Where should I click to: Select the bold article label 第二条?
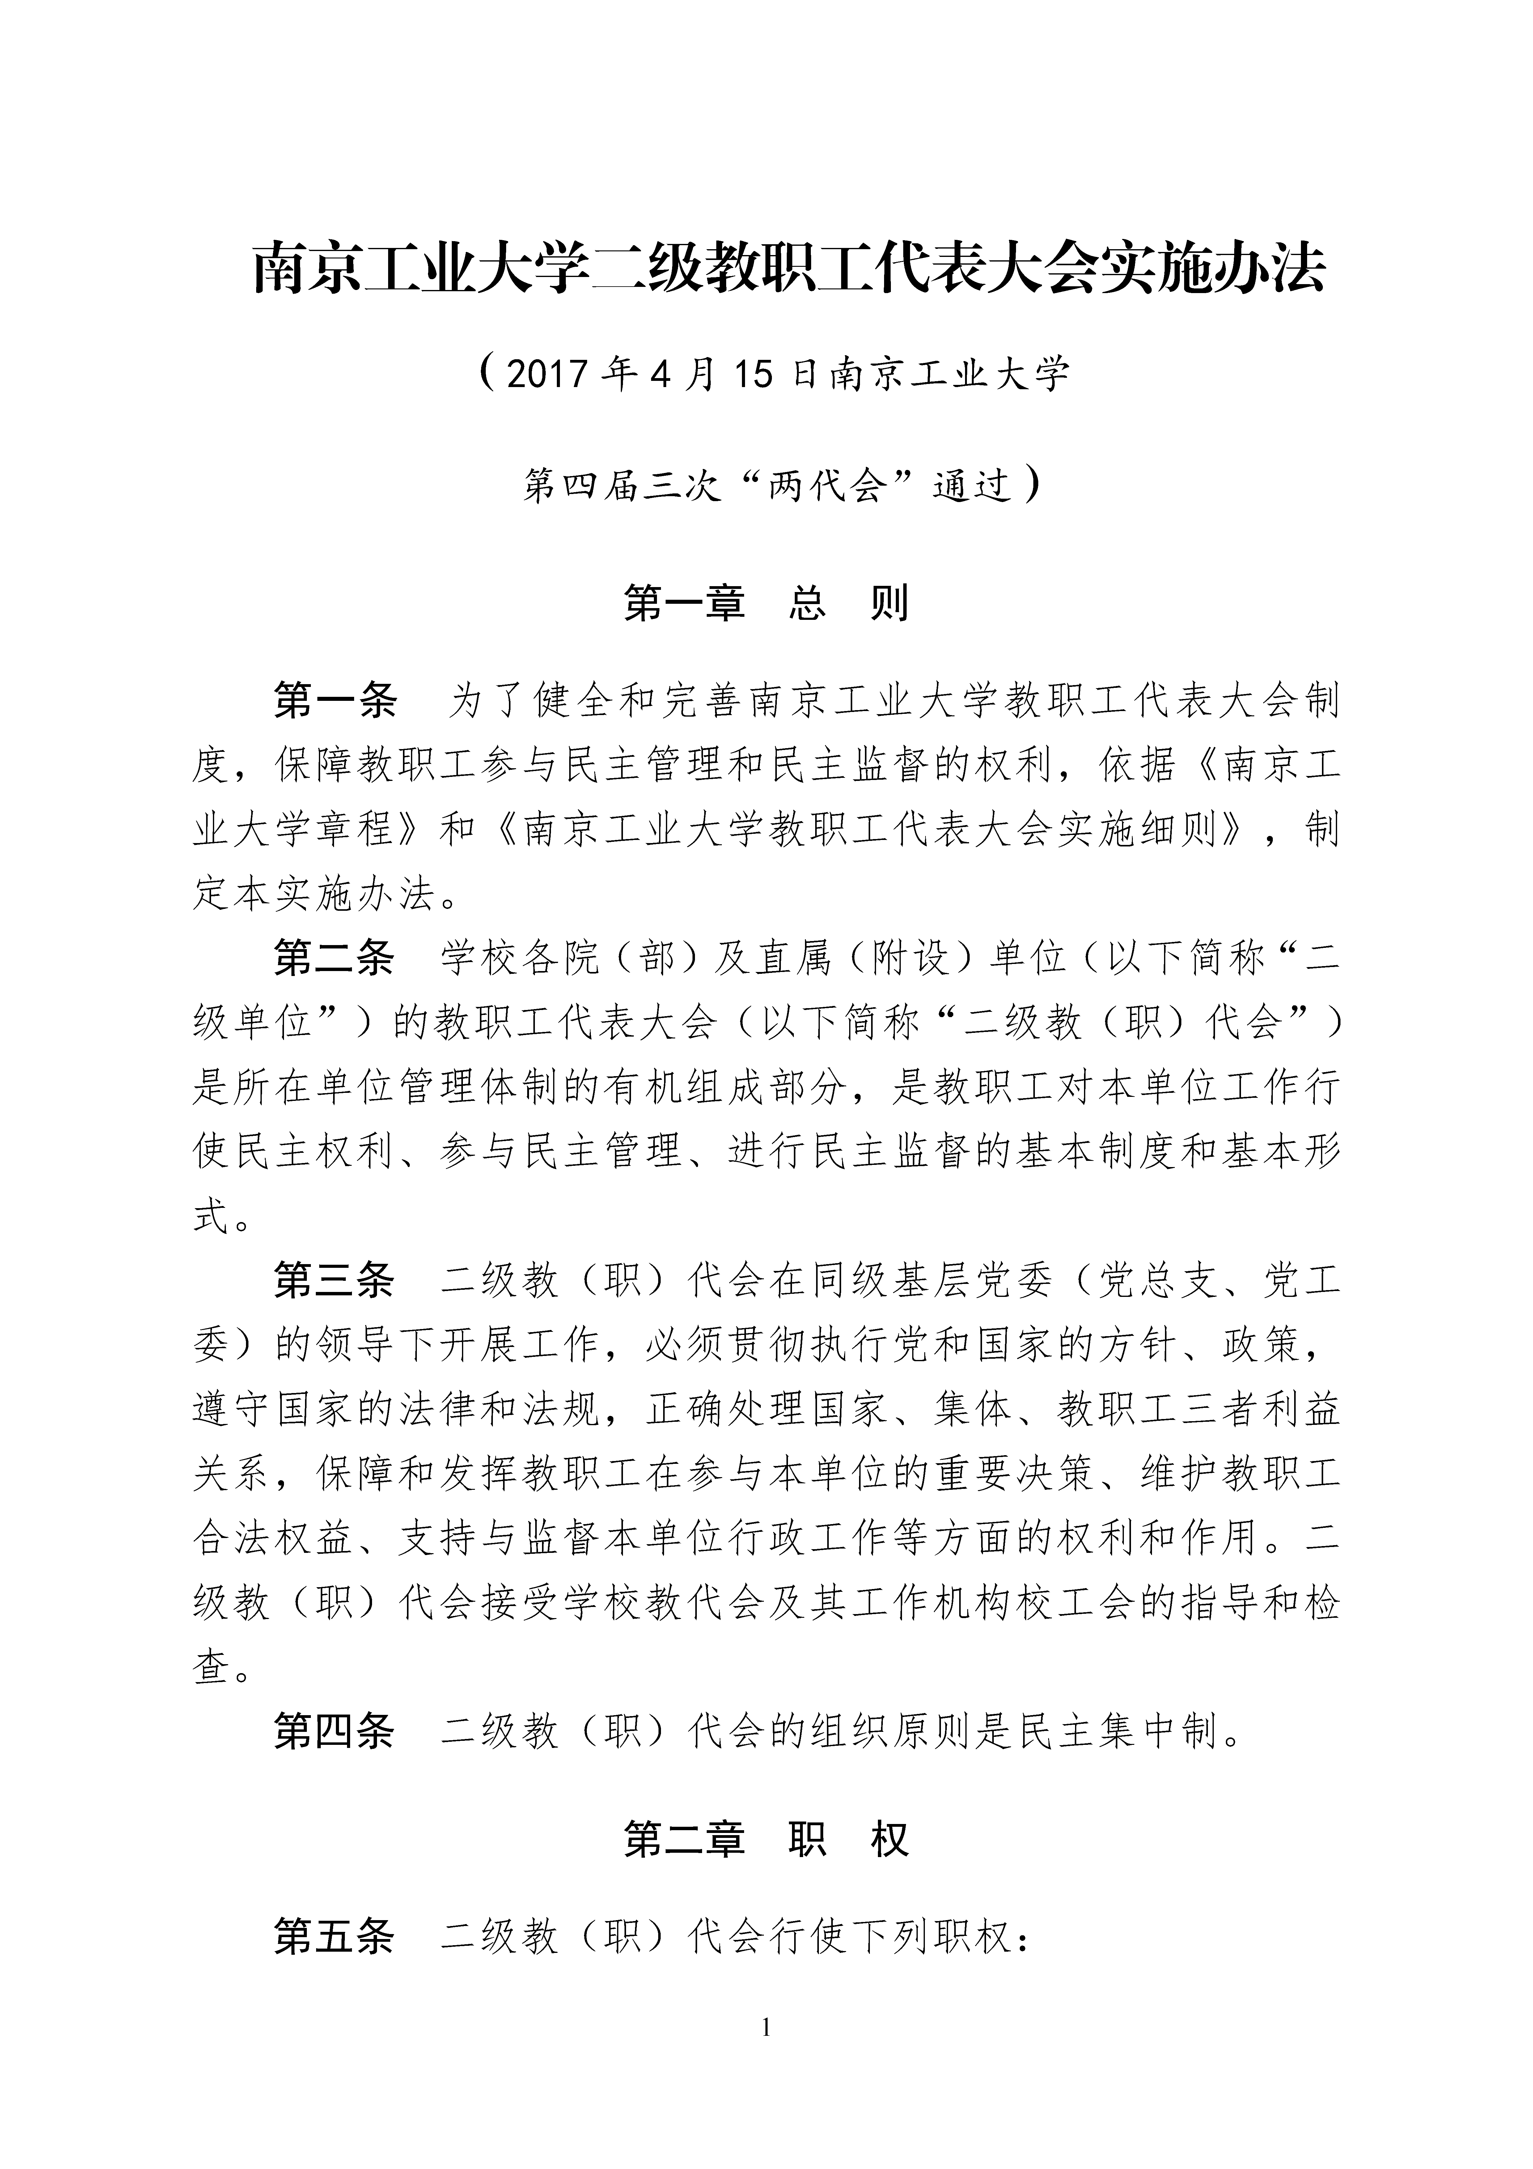click(x=335, y=960)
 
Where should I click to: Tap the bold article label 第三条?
click(x=335, y=1282)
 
